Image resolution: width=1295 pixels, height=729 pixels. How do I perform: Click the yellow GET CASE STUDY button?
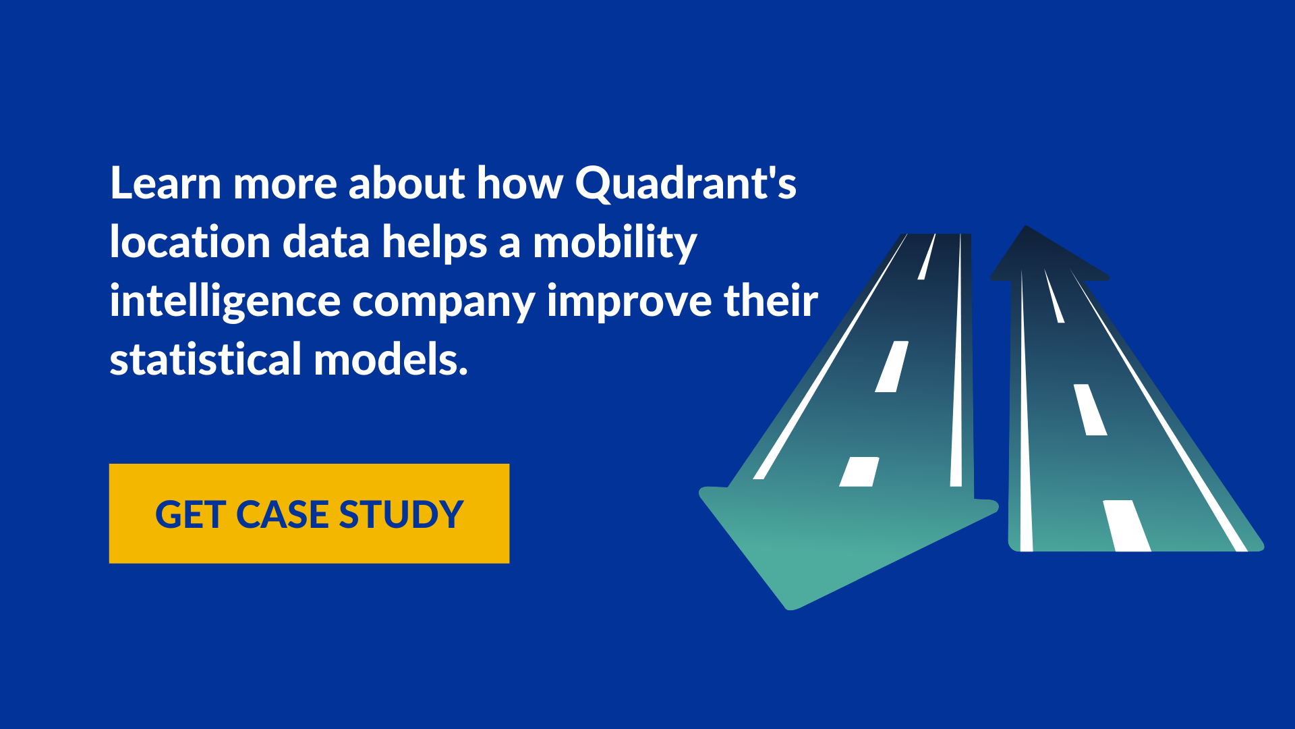coord(309,514)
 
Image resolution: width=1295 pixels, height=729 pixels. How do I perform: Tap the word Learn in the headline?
coord(166,183)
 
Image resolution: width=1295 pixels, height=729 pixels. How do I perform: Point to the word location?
coord(190,242)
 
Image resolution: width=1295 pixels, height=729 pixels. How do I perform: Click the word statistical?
coord(206,359)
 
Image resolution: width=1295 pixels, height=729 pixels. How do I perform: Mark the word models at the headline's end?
coord(391,359)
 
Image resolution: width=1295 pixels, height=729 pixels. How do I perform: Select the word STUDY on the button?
coord(401,514)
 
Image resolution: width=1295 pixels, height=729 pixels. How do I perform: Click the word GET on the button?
coord(190,514)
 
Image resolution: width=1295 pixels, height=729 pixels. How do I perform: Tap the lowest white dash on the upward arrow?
coord(1126,526)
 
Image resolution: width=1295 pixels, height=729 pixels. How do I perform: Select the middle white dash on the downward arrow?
coord(892,367)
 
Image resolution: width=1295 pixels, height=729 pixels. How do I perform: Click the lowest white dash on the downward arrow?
coord(859,472)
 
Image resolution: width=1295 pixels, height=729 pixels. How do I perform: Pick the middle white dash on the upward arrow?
coord(1090,410)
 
